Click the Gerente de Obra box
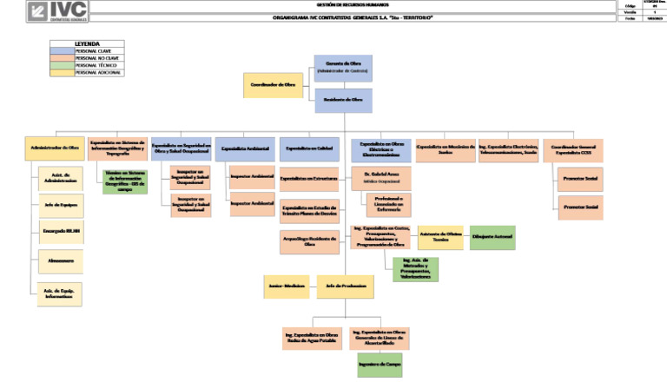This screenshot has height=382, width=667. (343, 69)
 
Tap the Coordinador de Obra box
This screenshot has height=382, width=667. (272, 85)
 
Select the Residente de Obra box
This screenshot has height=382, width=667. (343, 100)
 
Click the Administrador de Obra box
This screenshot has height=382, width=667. (54, 148)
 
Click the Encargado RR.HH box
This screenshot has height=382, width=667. (61, 233)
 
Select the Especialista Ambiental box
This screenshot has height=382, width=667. (245, 148)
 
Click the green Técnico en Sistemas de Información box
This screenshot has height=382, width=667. (121, 181)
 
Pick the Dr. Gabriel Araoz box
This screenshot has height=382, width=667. (381, 177)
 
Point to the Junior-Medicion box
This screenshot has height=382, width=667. (287, 286)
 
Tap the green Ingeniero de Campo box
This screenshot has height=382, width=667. (380, 365)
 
